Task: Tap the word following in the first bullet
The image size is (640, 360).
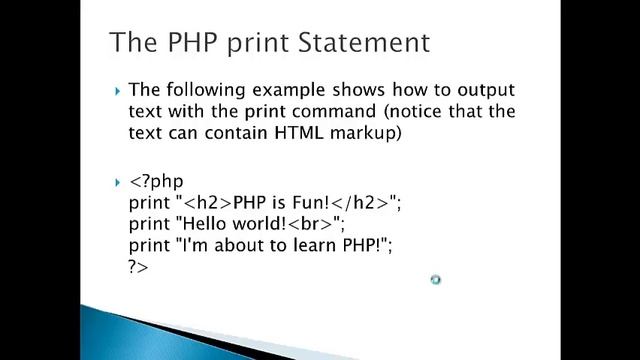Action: (197, 91)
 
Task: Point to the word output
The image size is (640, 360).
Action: (484, 91)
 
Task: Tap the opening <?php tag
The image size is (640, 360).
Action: (157, 183)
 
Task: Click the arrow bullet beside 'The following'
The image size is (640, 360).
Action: (118, 92)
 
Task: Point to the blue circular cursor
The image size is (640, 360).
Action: (435, 280)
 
